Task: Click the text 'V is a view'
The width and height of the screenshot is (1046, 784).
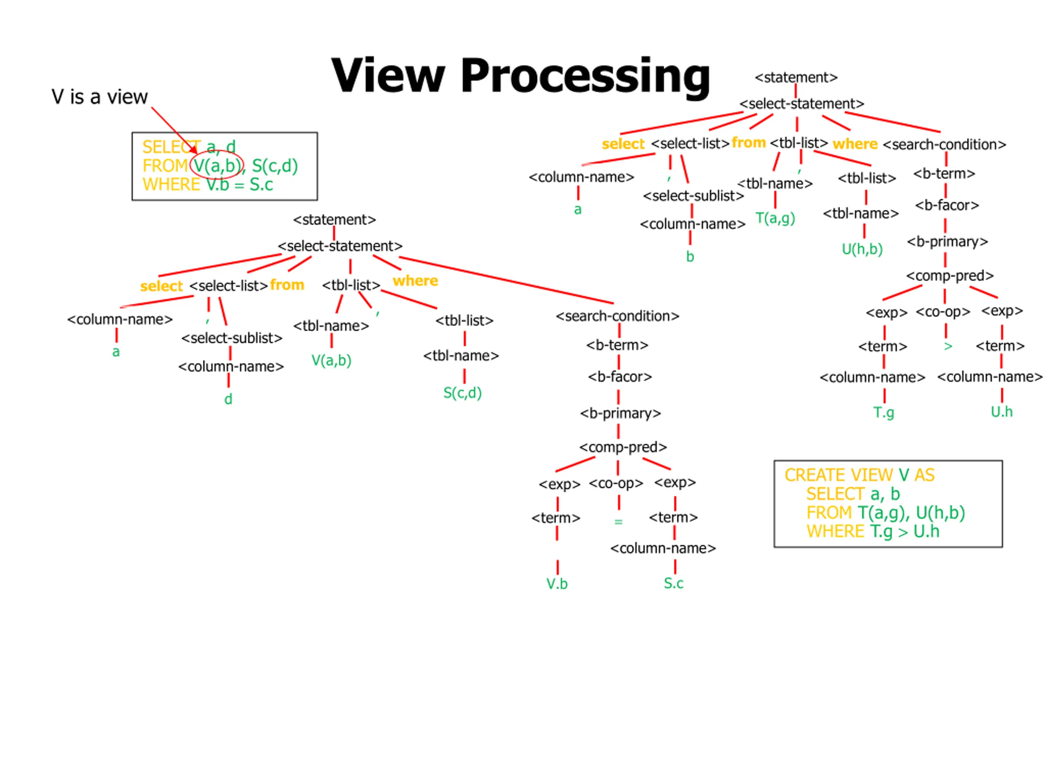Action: tap(100, 97)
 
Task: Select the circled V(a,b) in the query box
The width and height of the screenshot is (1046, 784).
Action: tap(217, 166)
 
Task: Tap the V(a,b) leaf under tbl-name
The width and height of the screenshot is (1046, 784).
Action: tap(331, 361)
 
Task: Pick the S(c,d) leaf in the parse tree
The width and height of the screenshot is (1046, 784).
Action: tap(463, 393)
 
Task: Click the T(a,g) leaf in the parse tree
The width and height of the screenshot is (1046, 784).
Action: tap(775, 218)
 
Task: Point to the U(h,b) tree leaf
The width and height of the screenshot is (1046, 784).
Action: tap(862, 249)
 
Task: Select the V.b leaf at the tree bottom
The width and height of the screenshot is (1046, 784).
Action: tap(557, 584)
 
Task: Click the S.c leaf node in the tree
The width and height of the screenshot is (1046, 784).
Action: tap(673, 583)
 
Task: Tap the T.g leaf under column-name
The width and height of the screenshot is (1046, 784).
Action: tap(883, 412)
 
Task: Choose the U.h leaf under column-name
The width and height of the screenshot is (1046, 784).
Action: tap(1001, 412)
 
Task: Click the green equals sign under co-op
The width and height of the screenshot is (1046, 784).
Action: tap(618, 522)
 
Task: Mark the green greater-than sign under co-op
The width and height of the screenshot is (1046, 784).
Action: tap(948, 346)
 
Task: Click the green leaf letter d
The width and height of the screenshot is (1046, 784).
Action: tap(228, 399)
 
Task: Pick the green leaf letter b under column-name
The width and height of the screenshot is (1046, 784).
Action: tap(690, 256)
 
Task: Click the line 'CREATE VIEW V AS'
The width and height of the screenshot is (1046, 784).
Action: tap(859, 475)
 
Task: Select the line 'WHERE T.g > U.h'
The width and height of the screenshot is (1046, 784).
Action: tap(873, 532)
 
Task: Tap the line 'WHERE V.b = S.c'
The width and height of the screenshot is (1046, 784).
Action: tap(208, 184)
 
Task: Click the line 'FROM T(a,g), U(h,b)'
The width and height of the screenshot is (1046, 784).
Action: tap(886, 513)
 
